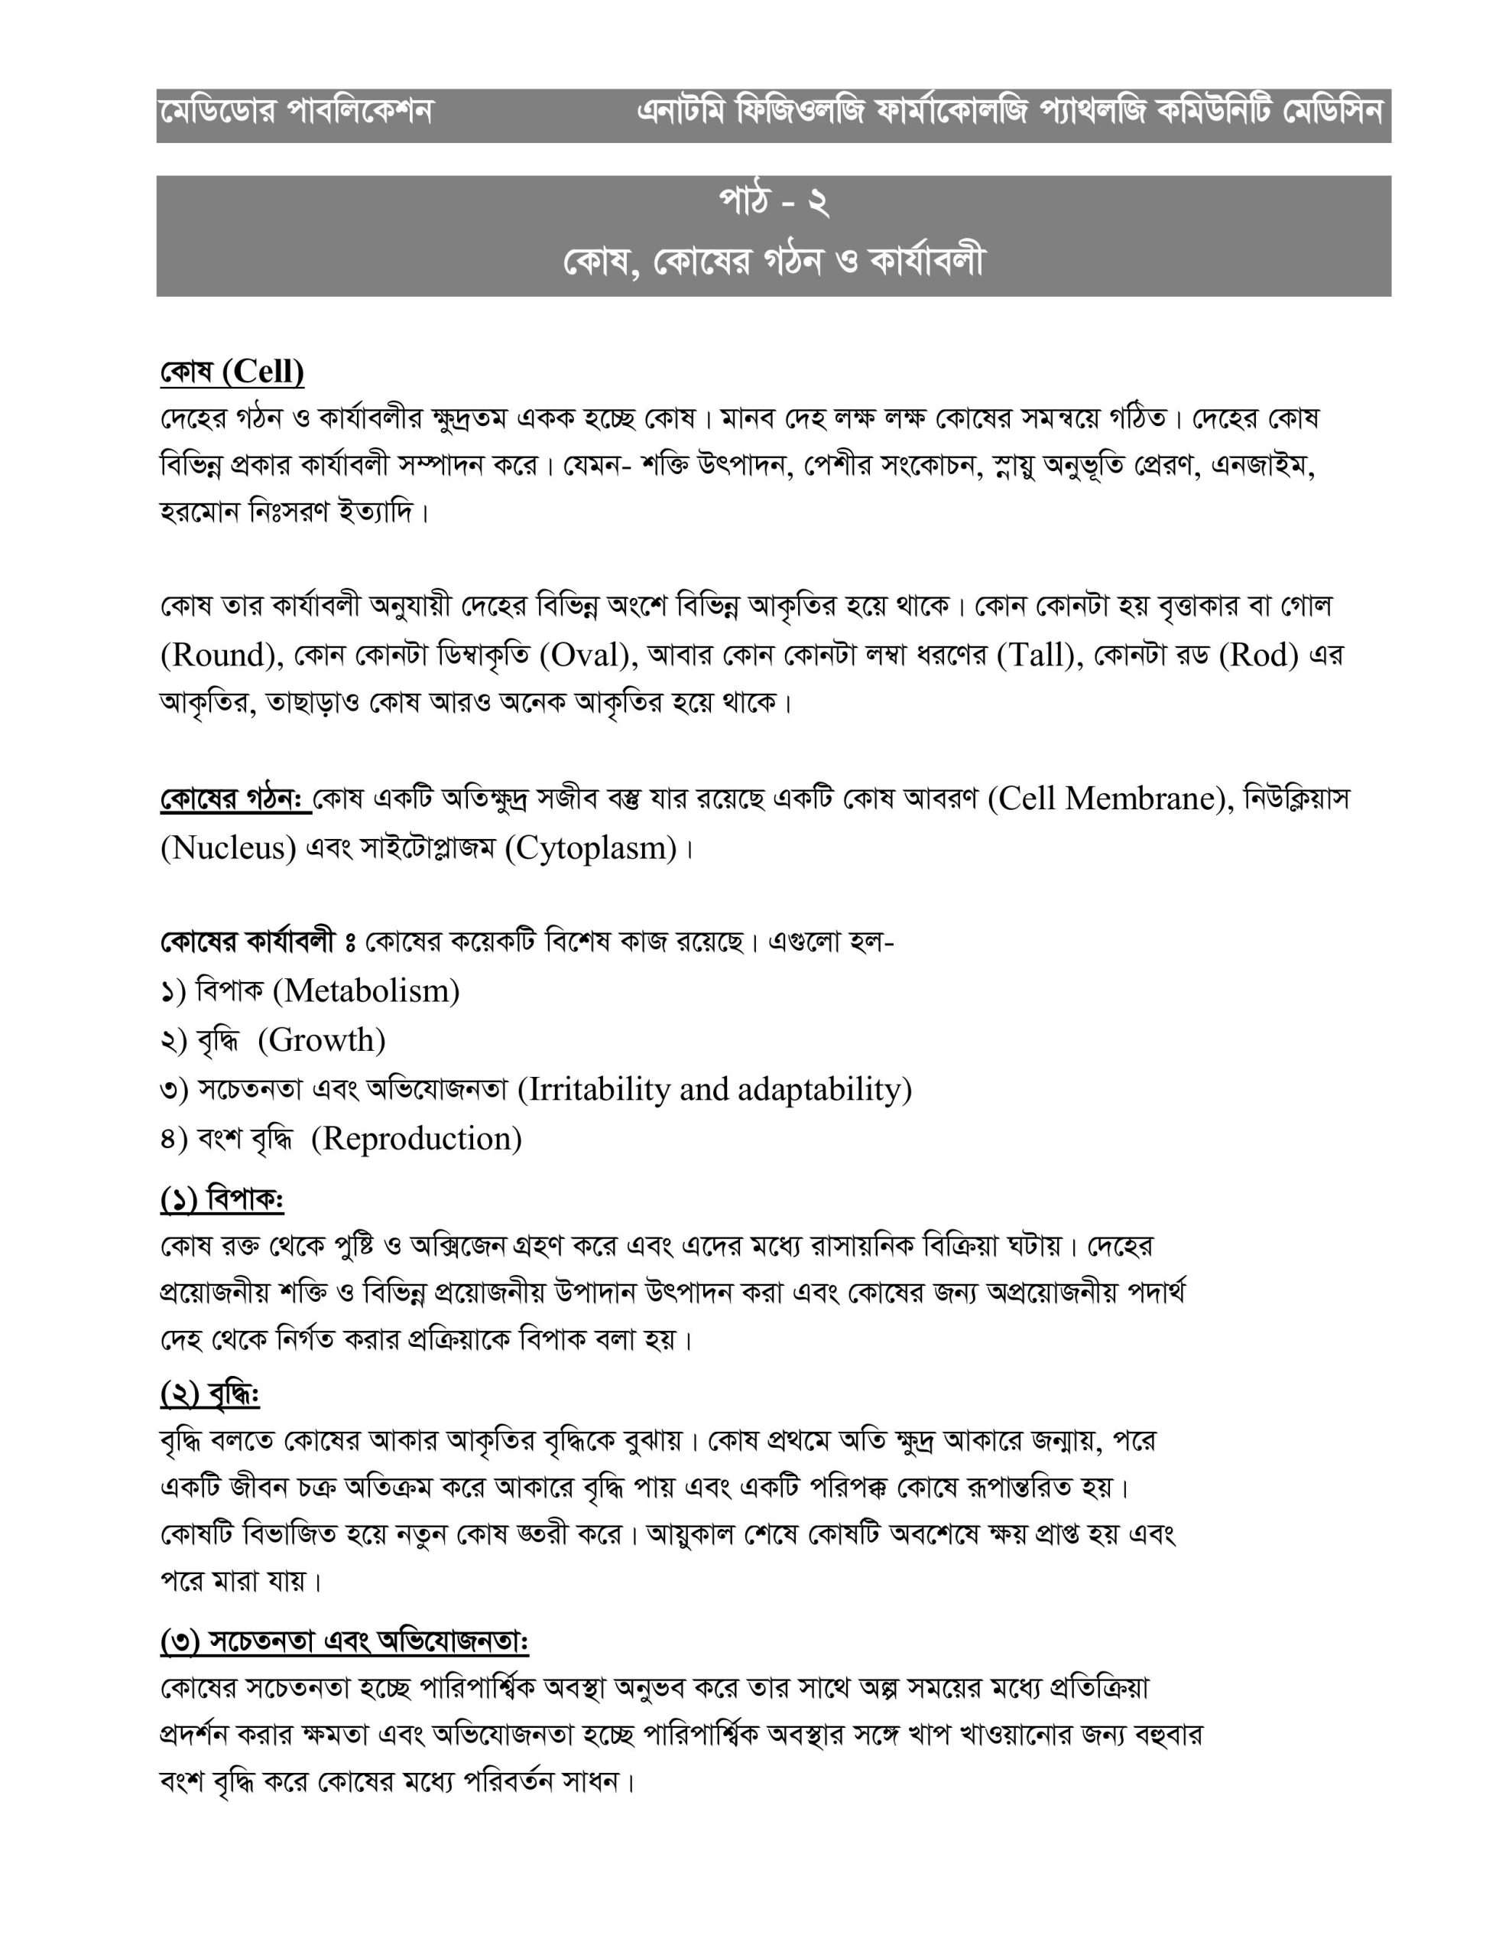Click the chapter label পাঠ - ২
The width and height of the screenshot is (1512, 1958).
[x=774, y=204]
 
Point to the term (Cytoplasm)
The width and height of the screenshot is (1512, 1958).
[x=592, y=848]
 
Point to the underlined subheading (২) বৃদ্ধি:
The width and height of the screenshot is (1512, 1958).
[x=209, y=1394]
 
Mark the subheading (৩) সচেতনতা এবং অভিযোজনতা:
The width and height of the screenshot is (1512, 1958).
[x=345, y=1641]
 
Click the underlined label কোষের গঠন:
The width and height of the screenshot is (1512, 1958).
[x=235, y=798]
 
